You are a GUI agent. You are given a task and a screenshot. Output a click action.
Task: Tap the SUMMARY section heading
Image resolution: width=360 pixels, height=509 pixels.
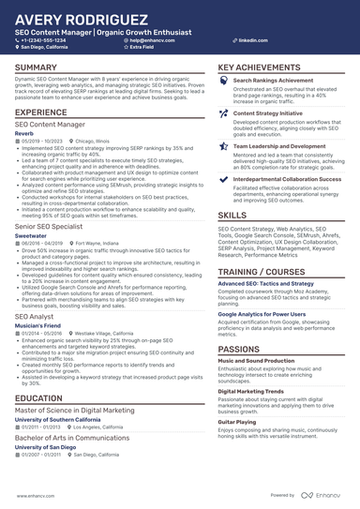tap(36, 67)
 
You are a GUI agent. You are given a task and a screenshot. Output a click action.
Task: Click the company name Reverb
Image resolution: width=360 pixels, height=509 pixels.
tap(24, 132)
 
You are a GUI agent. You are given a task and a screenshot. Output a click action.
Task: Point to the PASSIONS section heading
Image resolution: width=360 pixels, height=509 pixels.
tap(239, 322)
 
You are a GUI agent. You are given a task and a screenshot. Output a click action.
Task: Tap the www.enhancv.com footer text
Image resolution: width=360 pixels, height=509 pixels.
tap(30, 494)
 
